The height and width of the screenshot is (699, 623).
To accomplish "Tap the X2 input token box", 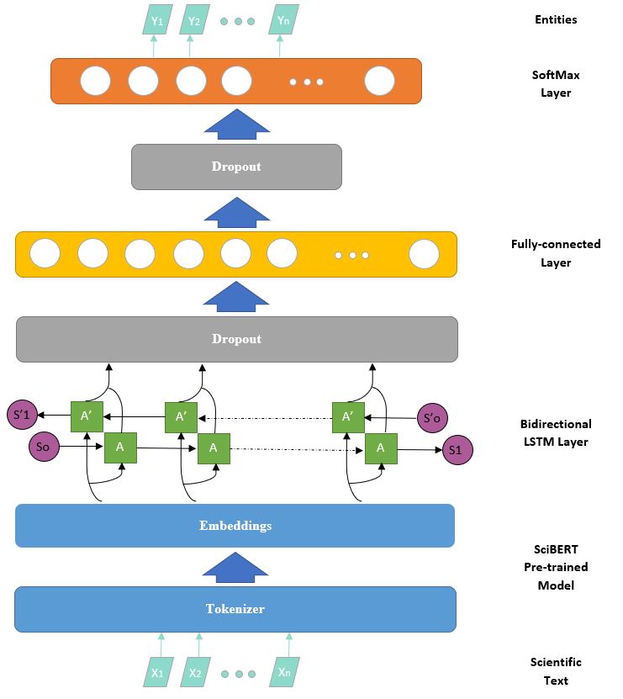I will point(196,672).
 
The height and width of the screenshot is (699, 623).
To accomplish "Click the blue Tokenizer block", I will point(235,609).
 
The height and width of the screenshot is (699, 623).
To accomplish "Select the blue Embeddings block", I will point(235,526).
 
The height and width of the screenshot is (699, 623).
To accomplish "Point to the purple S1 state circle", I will point(455,450).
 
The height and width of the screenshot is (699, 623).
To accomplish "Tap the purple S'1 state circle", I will point(22,415).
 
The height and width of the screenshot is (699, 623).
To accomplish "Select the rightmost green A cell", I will point(380,447).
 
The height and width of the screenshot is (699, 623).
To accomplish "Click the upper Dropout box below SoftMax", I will point(236,167).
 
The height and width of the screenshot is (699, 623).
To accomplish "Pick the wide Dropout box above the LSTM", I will point(236,339).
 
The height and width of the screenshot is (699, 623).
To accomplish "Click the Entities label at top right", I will point(556,19).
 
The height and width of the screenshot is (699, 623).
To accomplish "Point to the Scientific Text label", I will point(555,671).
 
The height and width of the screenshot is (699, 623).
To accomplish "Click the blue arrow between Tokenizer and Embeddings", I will point(236,568).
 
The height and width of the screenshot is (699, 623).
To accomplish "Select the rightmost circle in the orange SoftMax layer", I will point(379,81).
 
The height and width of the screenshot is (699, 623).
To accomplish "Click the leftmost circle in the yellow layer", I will point(44,253).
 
